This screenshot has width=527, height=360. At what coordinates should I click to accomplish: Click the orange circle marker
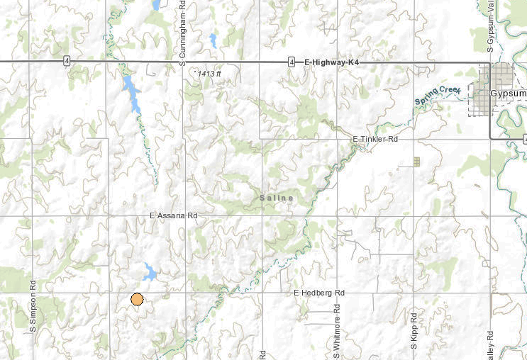click(x=138, y=299)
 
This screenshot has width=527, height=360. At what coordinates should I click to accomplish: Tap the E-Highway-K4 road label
click(x=331, y=62)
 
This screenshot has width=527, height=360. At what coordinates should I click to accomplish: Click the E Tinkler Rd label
click(x=375, y=140)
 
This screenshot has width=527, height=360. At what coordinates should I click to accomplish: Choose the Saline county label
click(x=276, y=198)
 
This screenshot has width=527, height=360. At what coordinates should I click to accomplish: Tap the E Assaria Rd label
click(x=173, y=215)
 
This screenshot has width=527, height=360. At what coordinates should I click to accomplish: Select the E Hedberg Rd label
click(x=318, y=293)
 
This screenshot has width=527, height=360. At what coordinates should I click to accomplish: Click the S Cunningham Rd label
click(x=182, y=33)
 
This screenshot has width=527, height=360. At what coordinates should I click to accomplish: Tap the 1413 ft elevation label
click(x=210, y=73)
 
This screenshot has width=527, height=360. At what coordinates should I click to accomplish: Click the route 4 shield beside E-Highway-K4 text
click(x=292, y=62)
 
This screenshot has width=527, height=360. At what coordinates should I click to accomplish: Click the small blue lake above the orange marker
click(x=150, y=271)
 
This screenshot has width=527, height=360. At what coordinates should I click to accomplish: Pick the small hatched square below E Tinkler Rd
click(x=417, y=162)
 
